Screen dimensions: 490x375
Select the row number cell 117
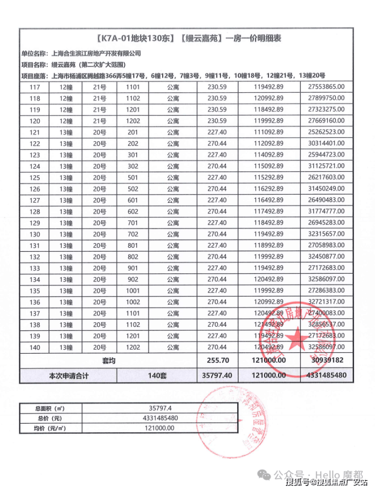point(35,87)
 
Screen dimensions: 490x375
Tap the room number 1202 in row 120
point(133,121)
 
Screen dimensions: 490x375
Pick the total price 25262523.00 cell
point(326,132)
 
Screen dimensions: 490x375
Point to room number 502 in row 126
point(133,189)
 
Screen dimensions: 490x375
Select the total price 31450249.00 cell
point(326,189)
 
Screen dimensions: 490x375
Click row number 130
point(35,234)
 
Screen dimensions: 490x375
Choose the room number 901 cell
point(133,268)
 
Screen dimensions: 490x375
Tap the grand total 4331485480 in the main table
point(326,376)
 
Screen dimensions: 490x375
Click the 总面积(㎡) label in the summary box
point(49,408)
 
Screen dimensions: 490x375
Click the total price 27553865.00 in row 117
point(326,87)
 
